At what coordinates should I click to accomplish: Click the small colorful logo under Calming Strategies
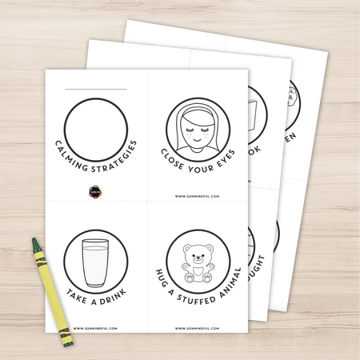(95, 192)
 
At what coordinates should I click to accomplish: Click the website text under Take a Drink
(96, 327)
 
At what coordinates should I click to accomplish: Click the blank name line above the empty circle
(96, 88)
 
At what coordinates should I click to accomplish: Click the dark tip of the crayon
(36, 242)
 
